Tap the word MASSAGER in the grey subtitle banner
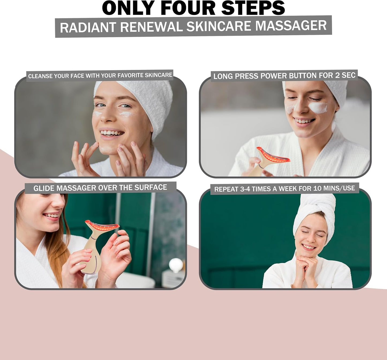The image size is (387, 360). pos(291,26)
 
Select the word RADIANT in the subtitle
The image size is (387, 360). pos(88,27)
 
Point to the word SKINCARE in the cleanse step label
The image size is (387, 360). pos(158,75)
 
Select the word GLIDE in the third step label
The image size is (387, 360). pos(44,188)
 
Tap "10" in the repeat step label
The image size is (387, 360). pos(317,188)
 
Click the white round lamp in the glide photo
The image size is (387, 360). pos(176,265)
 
